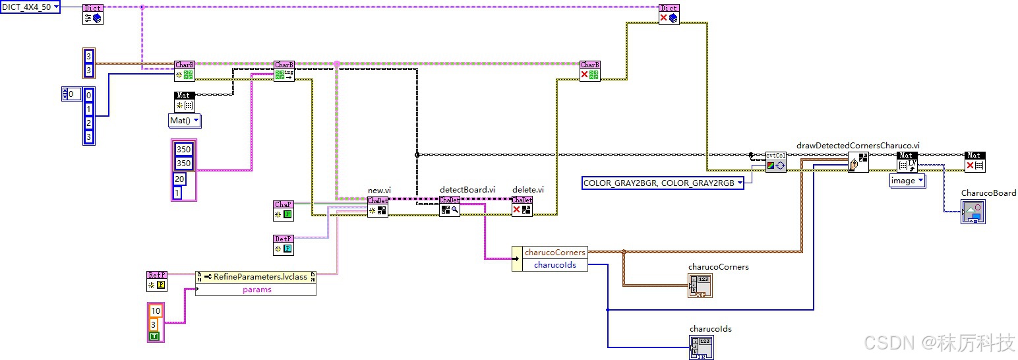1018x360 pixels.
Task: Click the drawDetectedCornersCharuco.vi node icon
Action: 858,162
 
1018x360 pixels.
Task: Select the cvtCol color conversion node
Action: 775,162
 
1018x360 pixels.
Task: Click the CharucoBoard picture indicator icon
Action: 973,212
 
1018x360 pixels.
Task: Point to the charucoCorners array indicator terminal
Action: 700,285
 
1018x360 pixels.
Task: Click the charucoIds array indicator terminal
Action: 702,347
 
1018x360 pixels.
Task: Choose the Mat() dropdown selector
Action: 185,121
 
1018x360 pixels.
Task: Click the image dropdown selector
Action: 907,181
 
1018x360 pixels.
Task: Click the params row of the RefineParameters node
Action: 256,289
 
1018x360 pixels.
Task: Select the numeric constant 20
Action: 180,179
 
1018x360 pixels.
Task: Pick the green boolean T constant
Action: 154,336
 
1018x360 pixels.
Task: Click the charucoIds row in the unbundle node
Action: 554,265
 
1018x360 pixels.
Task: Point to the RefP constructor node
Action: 157,280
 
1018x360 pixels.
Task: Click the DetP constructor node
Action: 284,245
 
